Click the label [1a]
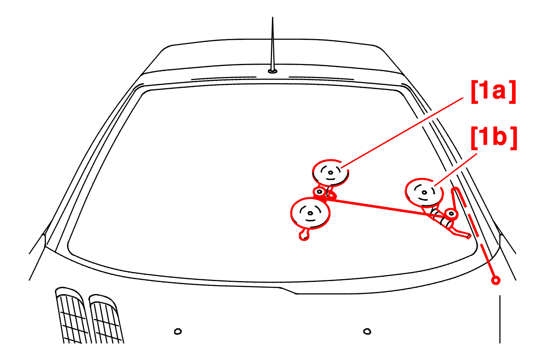493,92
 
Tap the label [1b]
494,138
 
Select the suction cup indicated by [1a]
331,173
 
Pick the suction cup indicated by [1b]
424,193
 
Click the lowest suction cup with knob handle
310,213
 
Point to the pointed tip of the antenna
272,17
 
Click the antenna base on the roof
272,71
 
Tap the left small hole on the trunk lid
178,332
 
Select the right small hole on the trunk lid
367,332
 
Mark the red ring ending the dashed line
496,281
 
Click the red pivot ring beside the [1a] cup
320,192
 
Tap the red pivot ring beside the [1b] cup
451,214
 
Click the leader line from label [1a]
402,133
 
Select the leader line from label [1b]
456,170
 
